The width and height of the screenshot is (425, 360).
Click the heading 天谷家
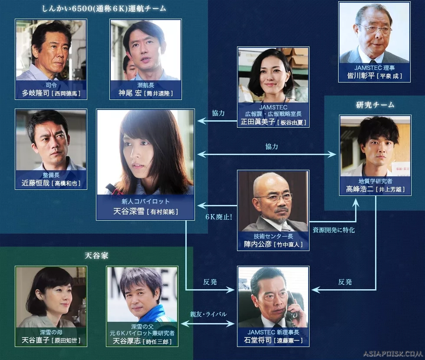tap(96, 256)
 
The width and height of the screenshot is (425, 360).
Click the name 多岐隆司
tap(36, 93)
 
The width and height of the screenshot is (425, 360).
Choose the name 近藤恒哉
tap(36, 183)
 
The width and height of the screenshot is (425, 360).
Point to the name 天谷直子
tap(36, 340)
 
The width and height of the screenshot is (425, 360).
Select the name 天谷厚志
tap(127, 341)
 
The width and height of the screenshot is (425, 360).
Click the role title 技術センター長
tap(273, 236)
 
